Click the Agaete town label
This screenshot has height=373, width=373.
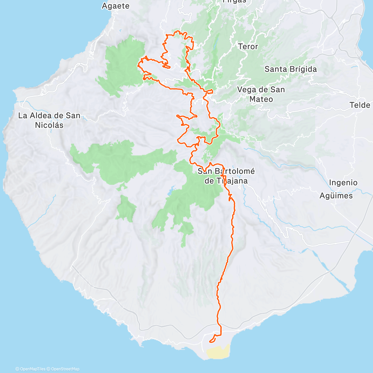pos(115,6)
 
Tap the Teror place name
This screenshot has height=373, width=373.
pos(248,47)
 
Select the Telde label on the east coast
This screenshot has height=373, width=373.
pos(360,105)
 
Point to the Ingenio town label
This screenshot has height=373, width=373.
pos(343,182)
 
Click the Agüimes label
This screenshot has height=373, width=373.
pos(336,196)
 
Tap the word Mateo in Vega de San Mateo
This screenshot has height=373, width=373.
pos(261,99)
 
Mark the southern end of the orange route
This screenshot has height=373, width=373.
pos(210,342)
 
